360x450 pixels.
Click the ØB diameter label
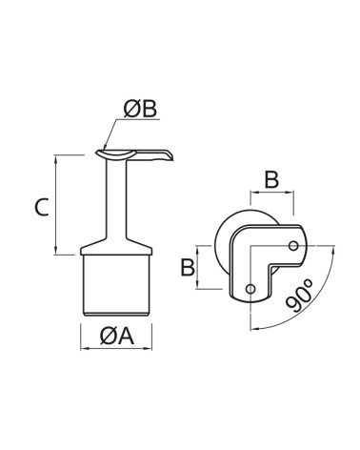click(140, 110)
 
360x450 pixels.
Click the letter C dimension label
click(42, 207)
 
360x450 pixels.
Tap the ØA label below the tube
click(117, 337)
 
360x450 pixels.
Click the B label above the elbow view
click(271, 179)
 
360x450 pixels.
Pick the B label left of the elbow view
click(188, 267)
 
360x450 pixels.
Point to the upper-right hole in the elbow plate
click(293, 246)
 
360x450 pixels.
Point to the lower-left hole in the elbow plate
click(250, 289)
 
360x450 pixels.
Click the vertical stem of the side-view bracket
click(116, 199)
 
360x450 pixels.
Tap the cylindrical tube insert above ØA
click(116, 285)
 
